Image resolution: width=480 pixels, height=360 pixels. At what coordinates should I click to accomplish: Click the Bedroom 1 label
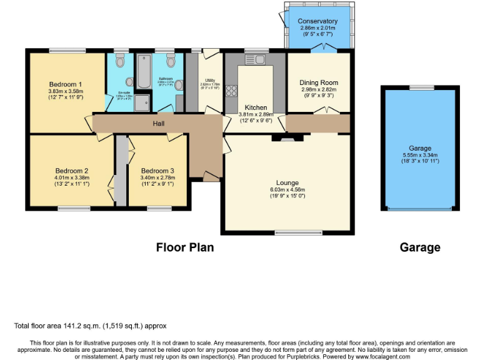coord(66,84)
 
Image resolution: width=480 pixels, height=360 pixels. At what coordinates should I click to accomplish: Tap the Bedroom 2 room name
coord(72,171)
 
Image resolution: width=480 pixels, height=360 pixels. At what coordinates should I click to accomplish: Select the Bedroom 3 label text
coord(157,171)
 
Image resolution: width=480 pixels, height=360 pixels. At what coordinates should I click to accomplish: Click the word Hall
coord(159,124)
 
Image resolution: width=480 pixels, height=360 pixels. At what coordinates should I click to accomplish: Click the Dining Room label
coord(319,82)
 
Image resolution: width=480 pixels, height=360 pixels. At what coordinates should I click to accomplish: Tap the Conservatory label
coord(317,22)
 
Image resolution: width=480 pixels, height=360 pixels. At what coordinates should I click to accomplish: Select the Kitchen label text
coord(256,107)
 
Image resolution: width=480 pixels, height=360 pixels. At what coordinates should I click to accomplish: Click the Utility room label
coord(210,80)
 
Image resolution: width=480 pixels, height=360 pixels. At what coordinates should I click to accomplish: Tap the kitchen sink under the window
coord(256,60)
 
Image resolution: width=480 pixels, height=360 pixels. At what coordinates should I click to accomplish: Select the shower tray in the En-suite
coord(142,102)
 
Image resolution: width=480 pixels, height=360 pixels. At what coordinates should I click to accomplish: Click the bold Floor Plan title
coord(185,247)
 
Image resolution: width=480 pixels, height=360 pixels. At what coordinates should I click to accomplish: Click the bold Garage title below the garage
coord(420,247)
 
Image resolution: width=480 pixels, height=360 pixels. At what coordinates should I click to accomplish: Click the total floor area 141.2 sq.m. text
coord(90,326)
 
